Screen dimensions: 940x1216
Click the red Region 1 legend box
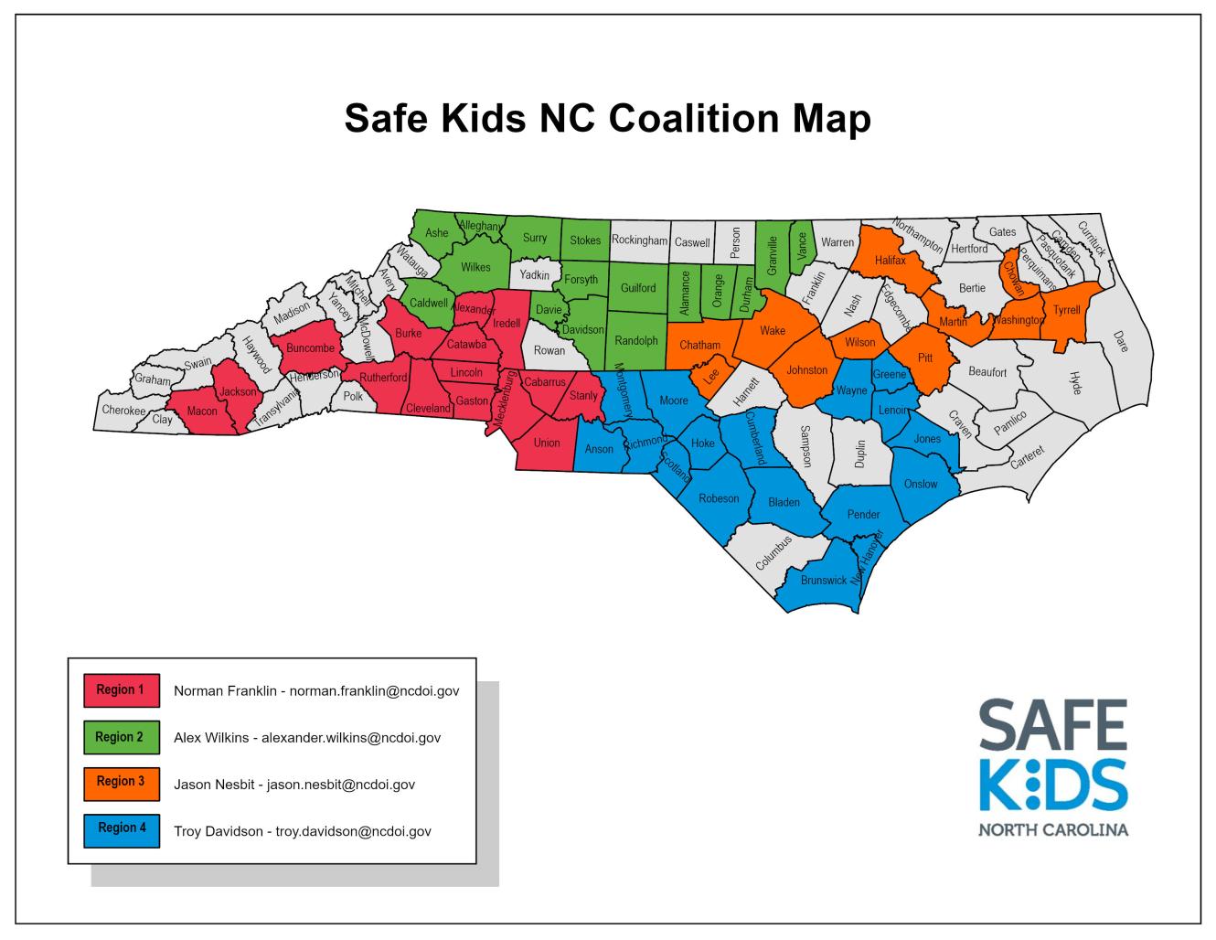(x=121, y=690)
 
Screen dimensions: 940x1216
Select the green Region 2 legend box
(x=121, y=737)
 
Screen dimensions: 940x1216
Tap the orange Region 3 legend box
(x=121, y=782)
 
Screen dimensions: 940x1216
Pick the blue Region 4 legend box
(x=121, y=828)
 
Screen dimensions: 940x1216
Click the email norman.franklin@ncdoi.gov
(x=374, y=691)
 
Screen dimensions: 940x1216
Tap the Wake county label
(x=773, y=331)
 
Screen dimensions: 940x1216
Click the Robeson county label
(x=719, y=498)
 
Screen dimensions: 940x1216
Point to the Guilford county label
(x=638, y=288)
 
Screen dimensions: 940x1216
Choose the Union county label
(x=547, y=443)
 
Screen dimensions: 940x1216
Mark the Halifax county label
(x=890, y=261)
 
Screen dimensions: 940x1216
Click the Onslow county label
(x=921, y=484)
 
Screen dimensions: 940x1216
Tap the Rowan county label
(x=549, y=350)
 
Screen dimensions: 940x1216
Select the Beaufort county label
(x=987, y=372)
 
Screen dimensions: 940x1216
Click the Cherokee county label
(x=123, y=411)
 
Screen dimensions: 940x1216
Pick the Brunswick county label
(x=824, y=581)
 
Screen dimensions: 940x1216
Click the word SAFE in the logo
(x=1053, y=724)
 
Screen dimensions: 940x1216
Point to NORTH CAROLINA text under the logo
(x=1053, y=831)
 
